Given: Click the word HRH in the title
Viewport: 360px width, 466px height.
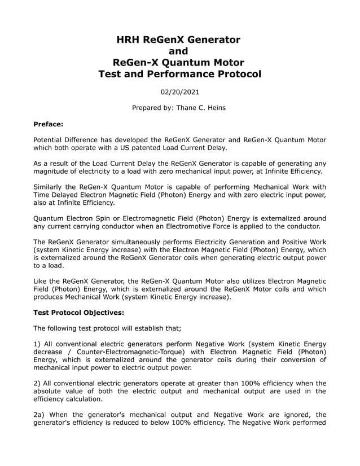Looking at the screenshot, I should (129, 39).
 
